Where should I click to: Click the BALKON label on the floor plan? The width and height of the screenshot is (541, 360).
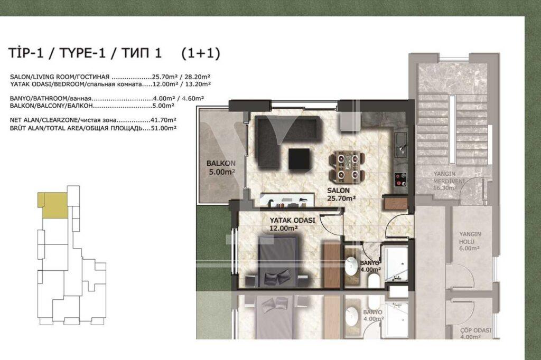(221, 164)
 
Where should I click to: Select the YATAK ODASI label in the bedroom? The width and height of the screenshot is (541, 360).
(292, 220)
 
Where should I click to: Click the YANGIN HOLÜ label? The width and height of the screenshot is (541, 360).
(470, 238)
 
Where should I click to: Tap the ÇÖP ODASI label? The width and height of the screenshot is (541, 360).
(476, 330)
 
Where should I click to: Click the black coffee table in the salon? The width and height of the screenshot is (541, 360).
(299, 158)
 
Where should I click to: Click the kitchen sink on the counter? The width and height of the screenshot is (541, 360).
(400, 145)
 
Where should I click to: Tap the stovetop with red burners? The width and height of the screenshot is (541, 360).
(400, 179)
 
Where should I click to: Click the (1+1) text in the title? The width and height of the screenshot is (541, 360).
(200, 53)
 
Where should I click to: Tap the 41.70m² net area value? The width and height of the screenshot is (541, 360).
(164, 120)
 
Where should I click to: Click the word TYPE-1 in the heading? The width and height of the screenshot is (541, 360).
(82, 53)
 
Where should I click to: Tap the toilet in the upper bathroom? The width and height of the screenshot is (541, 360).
(374, 280)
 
